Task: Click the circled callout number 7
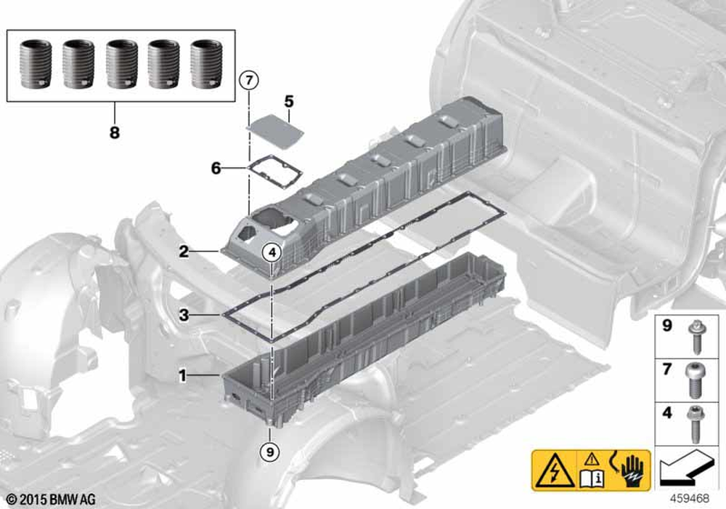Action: (x=249, y=81)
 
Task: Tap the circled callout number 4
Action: (x=272, y=252)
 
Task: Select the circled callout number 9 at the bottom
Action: (x=270, y=451)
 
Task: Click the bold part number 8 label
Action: (x=115, y=132)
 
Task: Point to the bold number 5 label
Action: (x=289, y=101)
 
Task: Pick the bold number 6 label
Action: (x=216, y=168)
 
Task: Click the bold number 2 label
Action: (x=184, y=252)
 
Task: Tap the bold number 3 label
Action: (x=184, y=316)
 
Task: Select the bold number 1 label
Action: (x=183, y=375)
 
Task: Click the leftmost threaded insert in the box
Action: (x=36, y=64)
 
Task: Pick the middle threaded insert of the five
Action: (x=121, y=64)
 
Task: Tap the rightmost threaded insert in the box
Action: (x=206, y=64)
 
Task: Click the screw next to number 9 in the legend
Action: (x=695, y=336)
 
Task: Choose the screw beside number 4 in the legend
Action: (x=696, y=424)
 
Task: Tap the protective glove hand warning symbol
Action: (x=632, y=470)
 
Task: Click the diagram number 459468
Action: (x=690, y=499)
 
